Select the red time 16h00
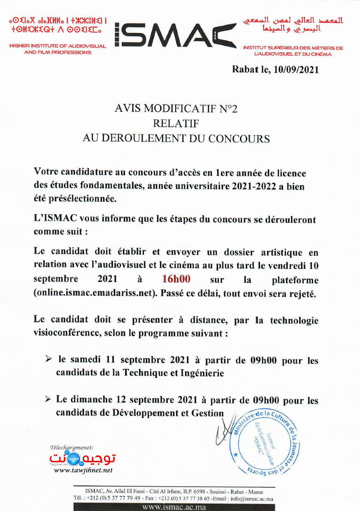point(176,279)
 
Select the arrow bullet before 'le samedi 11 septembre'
point(49,359)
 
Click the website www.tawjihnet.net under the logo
point(83,470)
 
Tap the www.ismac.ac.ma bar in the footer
point(176,507)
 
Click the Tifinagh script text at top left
point(58,24)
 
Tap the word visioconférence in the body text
point(66,333)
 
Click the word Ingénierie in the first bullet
point(202,373)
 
